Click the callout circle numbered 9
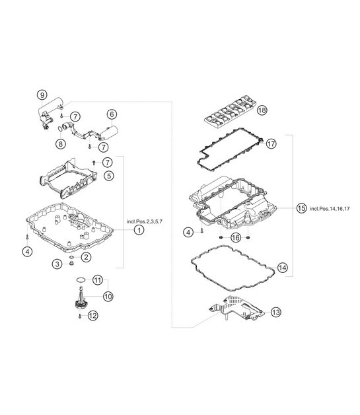click(x=42, y=95)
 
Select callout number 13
click(x=275, y=312)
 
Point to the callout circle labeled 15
click(x=301, y=208)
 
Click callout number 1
click(x=139, y=230)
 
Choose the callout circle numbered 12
click(x=93, y=316)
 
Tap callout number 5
click(x=109, y=176)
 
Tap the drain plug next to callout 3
click(x=72, y=264)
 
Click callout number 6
click(x=112, y=114)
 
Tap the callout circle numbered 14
click(x=282, y=268)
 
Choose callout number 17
click(x=271, y=144)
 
